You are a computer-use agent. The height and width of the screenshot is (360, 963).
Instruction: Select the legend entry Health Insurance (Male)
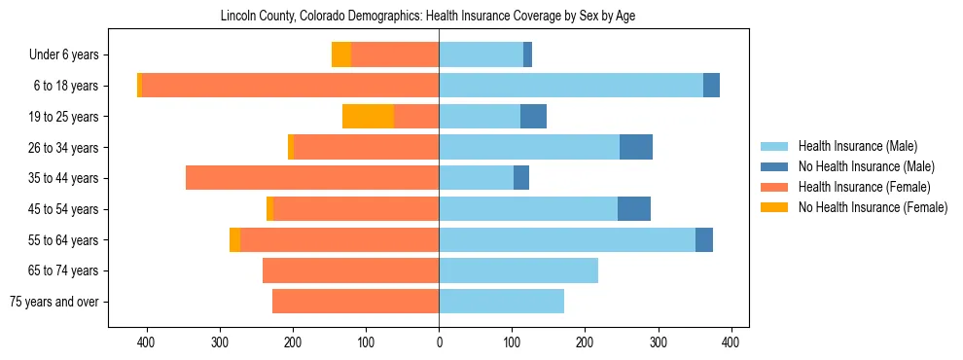pos(857,146)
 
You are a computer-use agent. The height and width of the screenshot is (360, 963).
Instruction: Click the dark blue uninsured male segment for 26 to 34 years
pos(636,147)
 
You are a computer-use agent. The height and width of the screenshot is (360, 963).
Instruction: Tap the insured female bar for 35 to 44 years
pos(312,178)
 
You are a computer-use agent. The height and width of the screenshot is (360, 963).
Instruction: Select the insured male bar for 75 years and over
pos(501,302)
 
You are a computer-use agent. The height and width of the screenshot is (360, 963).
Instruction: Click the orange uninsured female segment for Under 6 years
pos(340,54)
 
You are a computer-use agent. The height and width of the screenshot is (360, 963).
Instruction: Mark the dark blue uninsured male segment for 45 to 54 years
pos(634,209)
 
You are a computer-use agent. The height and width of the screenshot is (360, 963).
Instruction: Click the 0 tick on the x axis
pos(439,342)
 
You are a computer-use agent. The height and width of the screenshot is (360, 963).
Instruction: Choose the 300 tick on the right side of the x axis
pos(658,342)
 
